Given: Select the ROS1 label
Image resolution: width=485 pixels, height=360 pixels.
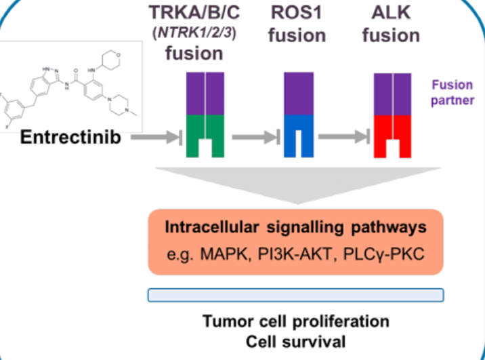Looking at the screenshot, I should click(x=296, y=12).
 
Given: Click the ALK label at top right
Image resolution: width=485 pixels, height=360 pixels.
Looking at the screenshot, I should click(x=391, y=12).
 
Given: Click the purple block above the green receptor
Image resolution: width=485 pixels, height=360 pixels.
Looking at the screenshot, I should click(x=205, y=93).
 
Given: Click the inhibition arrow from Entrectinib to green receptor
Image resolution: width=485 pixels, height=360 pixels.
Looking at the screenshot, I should click(x=156, y=138).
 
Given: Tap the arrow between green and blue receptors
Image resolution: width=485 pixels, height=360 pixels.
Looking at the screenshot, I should click(x=253, y=138).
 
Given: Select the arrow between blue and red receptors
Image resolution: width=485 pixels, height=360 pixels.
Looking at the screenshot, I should click(x=345, y=138).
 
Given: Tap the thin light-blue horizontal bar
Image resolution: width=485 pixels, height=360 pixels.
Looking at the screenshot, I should click(x=295, y=295).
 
